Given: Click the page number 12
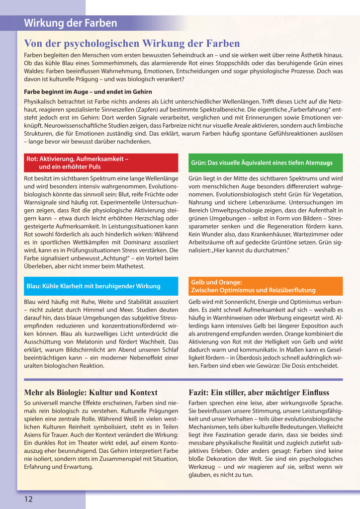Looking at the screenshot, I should pos(28,499).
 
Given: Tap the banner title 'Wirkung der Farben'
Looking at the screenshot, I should pos(71,23).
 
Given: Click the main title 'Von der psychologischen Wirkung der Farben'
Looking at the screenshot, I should pos(132,44).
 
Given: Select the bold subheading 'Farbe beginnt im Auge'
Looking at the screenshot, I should pos(88,92).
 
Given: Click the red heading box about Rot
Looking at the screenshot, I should pos(101,163).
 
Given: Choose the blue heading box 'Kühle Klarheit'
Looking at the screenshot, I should pos(101,286).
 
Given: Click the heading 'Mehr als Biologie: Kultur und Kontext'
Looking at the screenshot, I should pos(91,393).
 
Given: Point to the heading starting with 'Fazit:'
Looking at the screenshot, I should pos(259,393).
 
